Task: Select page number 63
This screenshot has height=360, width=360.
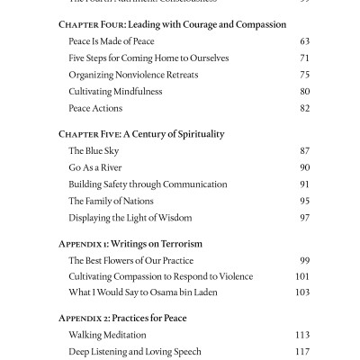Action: (303, 41)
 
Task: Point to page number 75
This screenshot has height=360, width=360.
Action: (303, 75)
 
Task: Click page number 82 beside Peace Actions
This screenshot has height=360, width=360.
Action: (303, 108)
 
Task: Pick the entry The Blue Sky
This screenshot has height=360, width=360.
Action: (94, 151)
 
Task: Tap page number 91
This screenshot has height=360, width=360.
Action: (303, 184)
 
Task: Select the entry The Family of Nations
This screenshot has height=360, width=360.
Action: (111, 201)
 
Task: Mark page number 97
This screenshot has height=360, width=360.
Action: (303, 218)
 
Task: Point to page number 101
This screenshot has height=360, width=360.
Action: (301, 277)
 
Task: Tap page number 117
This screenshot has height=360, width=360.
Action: (301, 352)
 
